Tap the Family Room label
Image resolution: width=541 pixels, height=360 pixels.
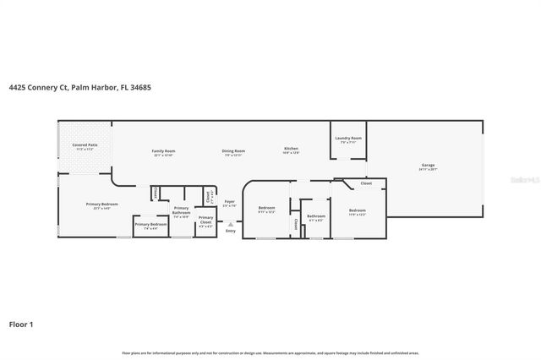[x=163, y=151]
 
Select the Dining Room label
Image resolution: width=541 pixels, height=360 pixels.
[x=233, y=151]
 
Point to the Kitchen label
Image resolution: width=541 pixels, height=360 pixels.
[x=291, y=150]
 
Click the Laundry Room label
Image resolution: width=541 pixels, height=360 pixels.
[x=347, y=139]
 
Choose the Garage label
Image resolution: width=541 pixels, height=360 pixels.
[x=428, y=166]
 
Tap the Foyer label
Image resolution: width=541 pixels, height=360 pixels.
[x=228, y=203]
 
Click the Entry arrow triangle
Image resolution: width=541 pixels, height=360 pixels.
[x=229, y=223]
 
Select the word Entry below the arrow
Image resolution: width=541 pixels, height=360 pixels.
[x=229, y=232]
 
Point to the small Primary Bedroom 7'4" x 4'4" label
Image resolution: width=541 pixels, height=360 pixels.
[x=150, y=226]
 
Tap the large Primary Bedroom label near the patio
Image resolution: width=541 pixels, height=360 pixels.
[x=101, y=205]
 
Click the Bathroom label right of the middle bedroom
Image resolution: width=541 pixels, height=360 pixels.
[x=316, y=216]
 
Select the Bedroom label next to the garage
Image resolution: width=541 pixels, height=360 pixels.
[x=358, y=211]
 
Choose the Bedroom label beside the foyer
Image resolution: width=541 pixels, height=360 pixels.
[x=266, y=209]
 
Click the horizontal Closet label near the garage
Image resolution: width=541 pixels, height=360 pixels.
[x=365, y=183]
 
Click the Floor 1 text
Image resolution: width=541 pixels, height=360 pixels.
[x=21, y=323]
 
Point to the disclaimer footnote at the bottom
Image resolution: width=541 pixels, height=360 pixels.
[x=270, y=352]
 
